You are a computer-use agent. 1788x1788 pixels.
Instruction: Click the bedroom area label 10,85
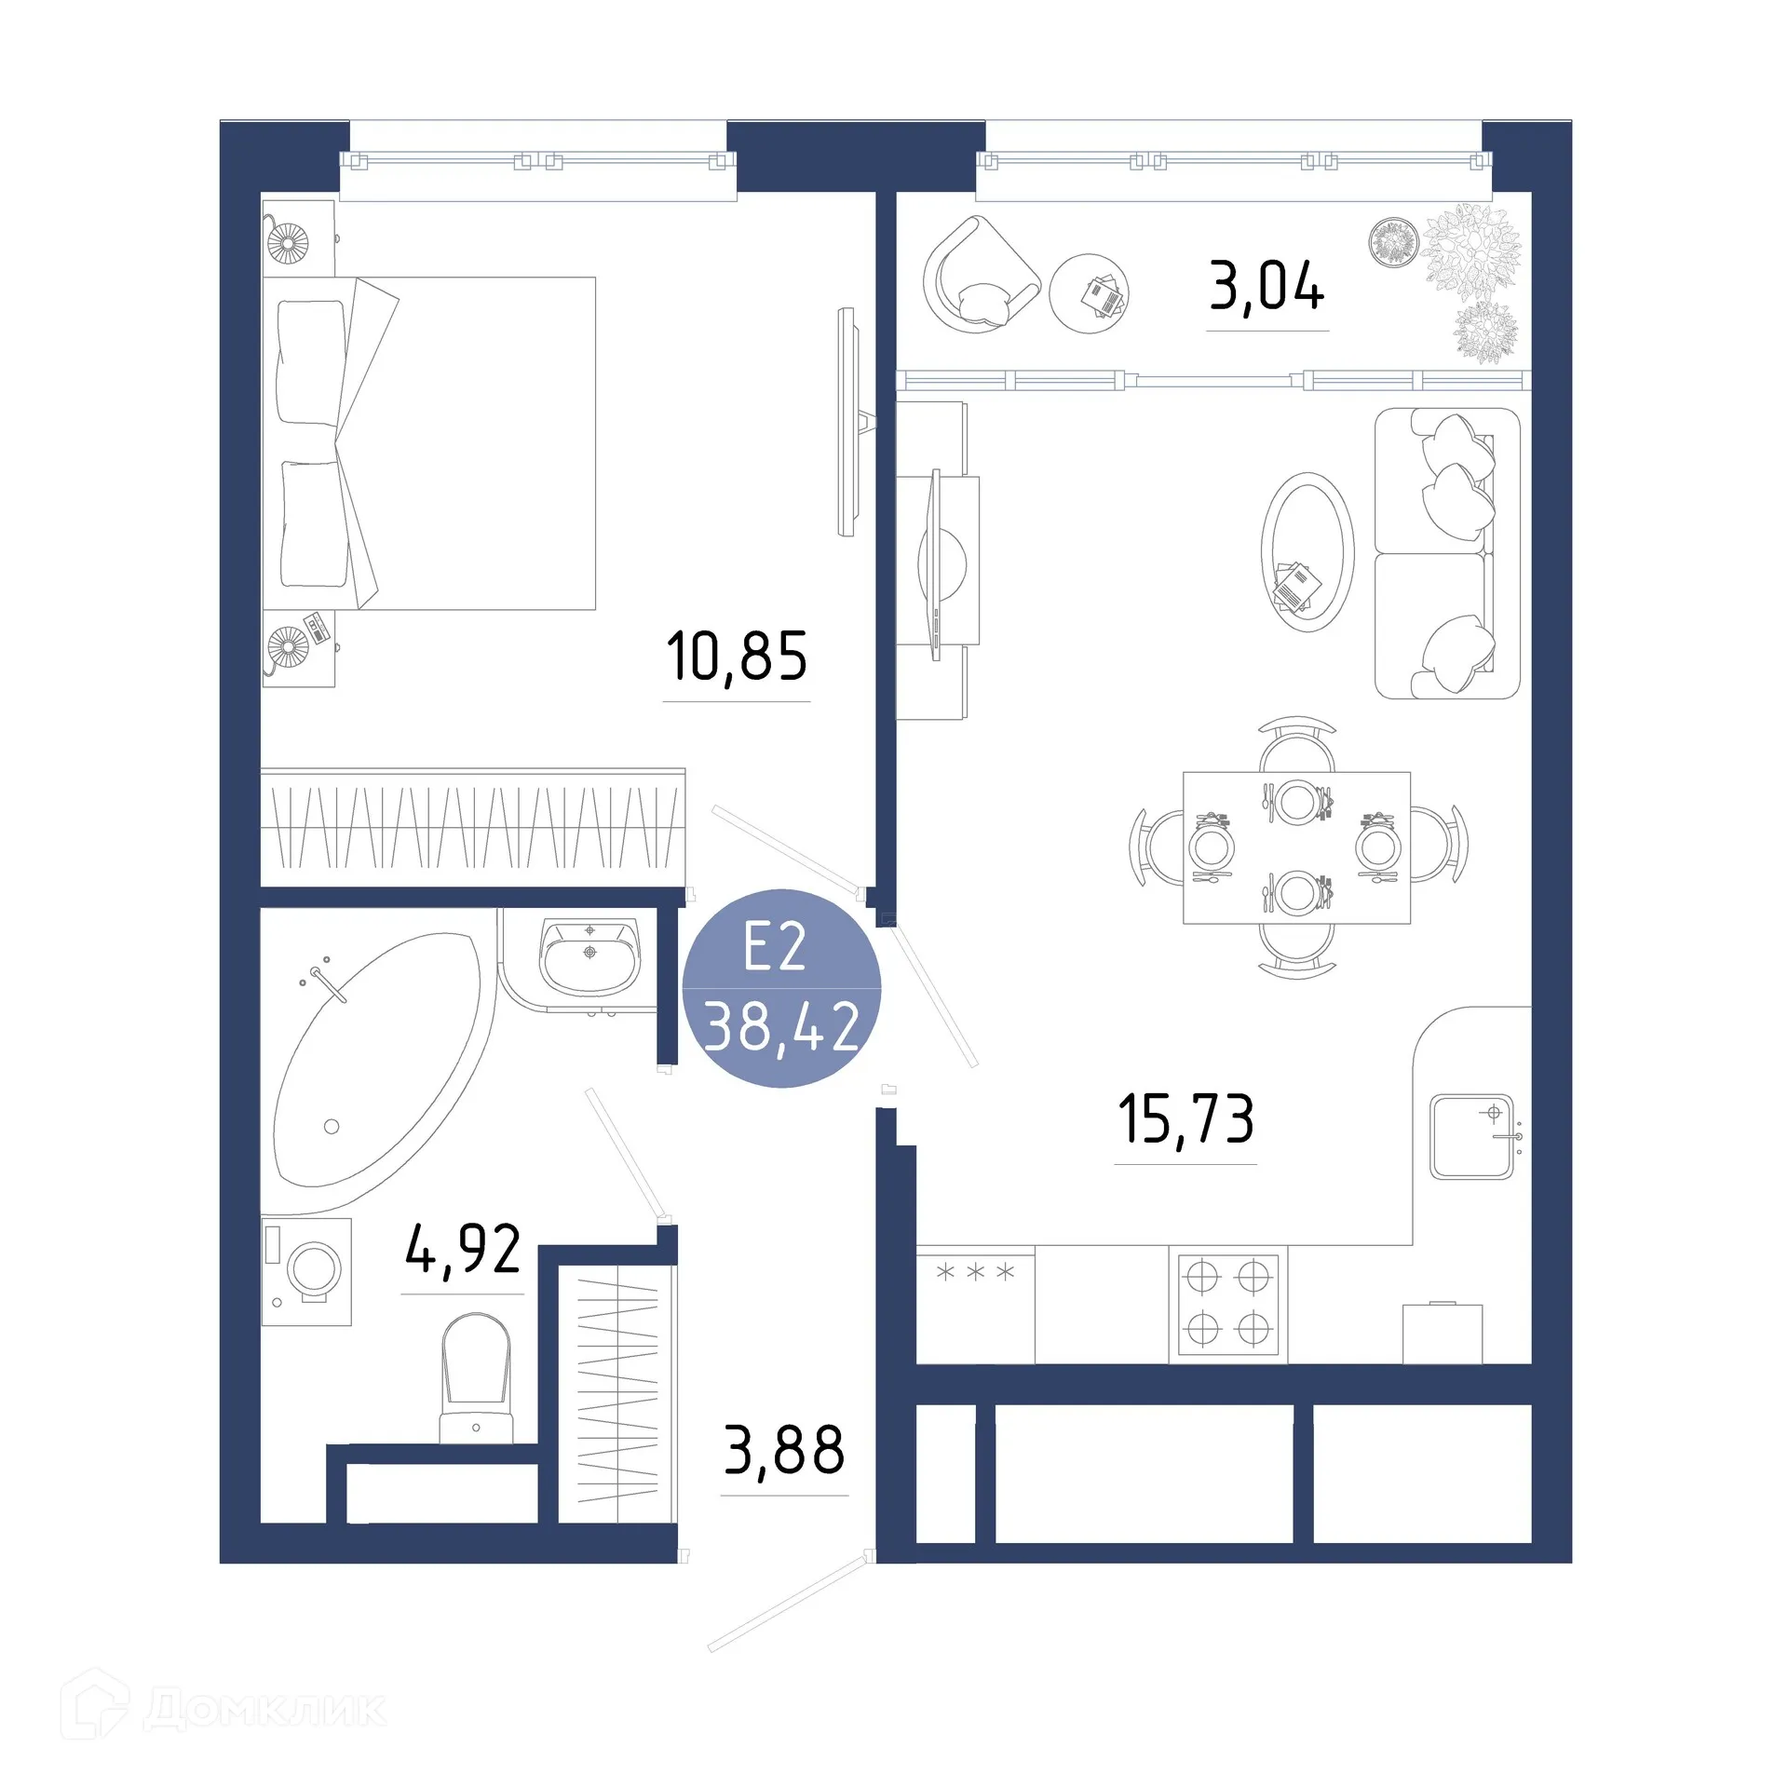click(736, 657)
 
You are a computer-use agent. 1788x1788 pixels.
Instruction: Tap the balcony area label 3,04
click(1266, 286)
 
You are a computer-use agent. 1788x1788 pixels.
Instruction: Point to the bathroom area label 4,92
click(463, 1250)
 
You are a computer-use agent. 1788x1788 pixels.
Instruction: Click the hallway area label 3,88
click(784, 1450)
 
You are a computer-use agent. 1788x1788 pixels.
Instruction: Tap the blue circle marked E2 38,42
click(781, 988)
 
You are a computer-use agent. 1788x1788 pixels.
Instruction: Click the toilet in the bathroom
click(476, 1378)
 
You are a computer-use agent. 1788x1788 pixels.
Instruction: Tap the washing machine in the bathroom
click(307, 1271)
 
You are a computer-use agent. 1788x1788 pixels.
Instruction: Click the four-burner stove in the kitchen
click(1227, 1304)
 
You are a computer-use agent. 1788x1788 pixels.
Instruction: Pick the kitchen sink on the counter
click(1471, 1137)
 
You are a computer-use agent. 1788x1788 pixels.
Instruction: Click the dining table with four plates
click(1296, 847)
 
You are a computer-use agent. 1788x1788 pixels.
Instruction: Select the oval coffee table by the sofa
click(1307, 552)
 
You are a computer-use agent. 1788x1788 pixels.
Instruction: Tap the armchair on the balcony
click(978, 275)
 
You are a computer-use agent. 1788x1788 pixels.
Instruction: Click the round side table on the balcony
click(1089, 293)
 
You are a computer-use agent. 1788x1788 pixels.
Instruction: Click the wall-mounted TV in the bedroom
click(847, 422)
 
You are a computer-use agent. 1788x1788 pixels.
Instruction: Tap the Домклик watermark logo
click(223, 1709)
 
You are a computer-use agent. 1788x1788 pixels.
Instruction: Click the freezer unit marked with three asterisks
click(975, 1305)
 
